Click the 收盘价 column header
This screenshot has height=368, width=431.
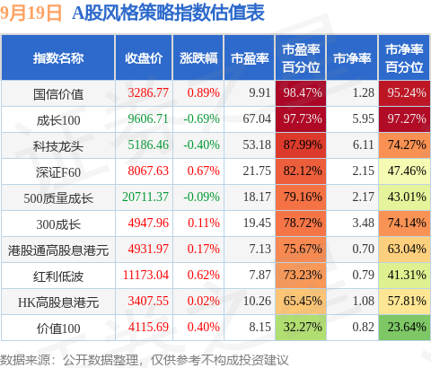tap(144, 58)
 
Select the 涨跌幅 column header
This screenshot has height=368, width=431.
tap(198, 58)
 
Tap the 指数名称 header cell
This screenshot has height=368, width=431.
tap(58, 58)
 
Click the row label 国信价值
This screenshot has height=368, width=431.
tap(58, 93)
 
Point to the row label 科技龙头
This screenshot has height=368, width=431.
tap(58, 146)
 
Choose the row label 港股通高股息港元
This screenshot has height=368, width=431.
tap(58, 250)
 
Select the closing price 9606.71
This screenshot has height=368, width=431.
tap(148, 118)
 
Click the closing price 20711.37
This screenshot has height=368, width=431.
tap(145, 197)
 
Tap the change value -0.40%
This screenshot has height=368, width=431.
tap(201, 145)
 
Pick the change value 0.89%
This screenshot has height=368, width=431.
tap(204, 92)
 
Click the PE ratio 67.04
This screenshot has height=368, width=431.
tap(257, 118)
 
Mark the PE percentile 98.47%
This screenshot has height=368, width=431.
tap(303, 92)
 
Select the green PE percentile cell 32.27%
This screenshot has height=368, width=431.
tap(303, 327)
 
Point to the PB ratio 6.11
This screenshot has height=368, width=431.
tap(363, 145)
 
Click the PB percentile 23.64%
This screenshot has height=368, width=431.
tap(407, 327)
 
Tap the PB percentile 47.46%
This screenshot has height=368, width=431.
tap(407, 171)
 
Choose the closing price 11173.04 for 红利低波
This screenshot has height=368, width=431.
tap(145, 275)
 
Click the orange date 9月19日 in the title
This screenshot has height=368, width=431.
tap(31, 13)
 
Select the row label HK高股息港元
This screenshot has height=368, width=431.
tap(58, 302)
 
